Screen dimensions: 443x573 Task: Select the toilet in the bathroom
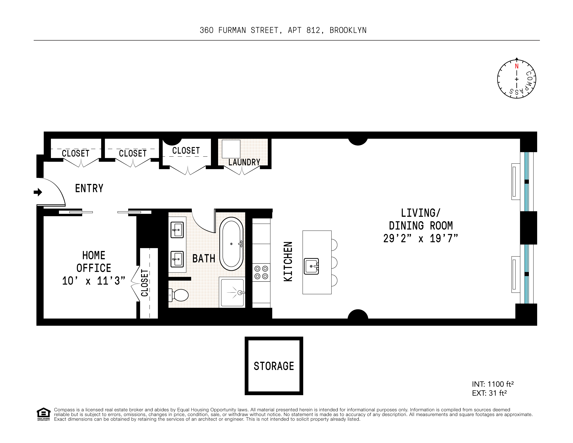click(179, 295)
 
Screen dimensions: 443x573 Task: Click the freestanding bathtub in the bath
click(231, 244)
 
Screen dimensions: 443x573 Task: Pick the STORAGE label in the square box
click(274, 366)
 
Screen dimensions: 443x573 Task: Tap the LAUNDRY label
click(244, 162)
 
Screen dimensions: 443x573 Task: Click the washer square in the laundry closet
click(231, 149)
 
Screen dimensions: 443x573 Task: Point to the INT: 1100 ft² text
click(492, 384)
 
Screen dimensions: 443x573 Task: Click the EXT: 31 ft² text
click(489, 393)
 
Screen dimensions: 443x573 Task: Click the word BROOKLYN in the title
click(348, 30)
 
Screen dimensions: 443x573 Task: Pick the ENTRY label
click(89, 188)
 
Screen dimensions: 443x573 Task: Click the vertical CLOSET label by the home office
click(145, 283)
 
